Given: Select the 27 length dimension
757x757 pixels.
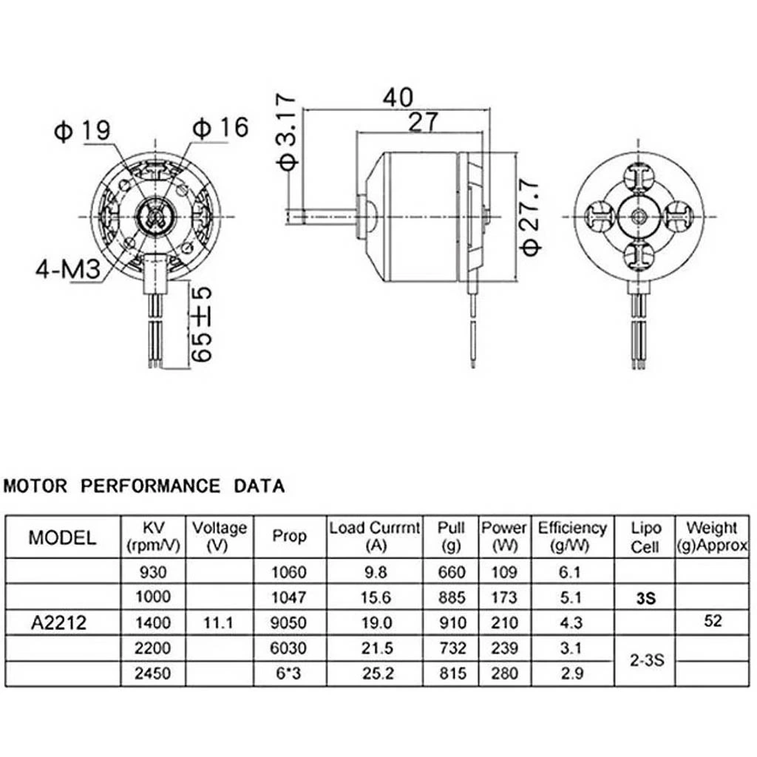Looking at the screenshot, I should [x=423, y=122].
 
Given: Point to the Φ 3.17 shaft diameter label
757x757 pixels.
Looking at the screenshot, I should [x=286, y=132].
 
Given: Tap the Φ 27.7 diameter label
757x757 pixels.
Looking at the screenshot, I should [x=531, y=215].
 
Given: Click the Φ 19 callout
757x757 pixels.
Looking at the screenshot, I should [x=82, y=131].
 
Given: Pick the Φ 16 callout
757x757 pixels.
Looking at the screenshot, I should [x=220, y=127].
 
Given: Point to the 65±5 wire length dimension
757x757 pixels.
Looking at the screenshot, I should [x=202, y=324].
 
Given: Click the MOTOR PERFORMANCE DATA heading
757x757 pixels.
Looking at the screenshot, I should [x=144, y=486].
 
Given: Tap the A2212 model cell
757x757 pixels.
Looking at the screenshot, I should [x=59, y=622].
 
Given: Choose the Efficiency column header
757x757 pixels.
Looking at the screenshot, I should [x=572, y=537].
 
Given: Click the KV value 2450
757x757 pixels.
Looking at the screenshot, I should [x=153, y=674].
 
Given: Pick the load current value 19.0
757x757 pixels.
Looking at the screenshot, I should [x=375, y=622].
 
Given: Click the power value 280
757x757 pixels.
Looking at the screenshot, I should [x=504, y=674].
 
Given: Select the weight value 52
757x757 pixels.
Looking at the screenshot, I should [x=713, y=622].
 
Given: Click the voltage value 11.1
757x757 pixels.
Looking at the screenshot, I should [x=218, y=622].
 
